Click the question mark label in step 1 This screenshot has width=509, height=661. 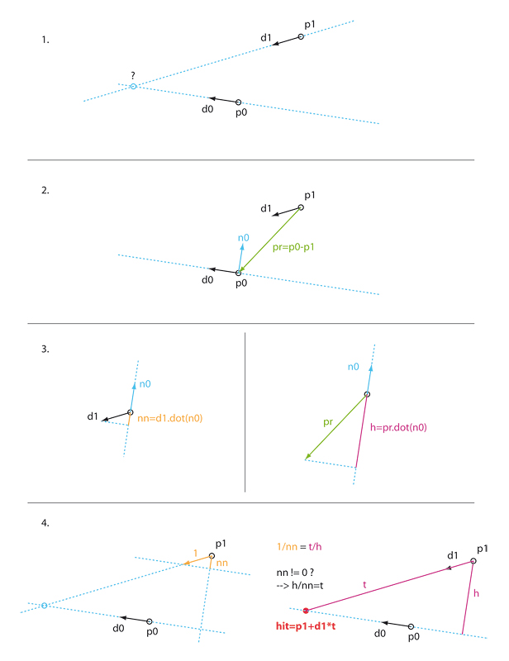[132, 74]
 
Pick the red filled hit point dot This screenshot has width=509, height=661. [307, 611]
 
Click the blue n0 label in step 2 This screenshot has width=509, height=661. [243, 239]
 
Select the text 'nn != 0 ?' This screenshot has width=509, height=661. [298, 571]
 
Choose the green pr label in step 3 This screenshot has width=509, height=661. [328, 421]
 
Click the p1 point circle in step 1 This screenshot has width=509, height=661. [302, 36]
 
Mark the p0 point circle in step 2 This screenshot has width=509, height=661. [239, 272]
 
